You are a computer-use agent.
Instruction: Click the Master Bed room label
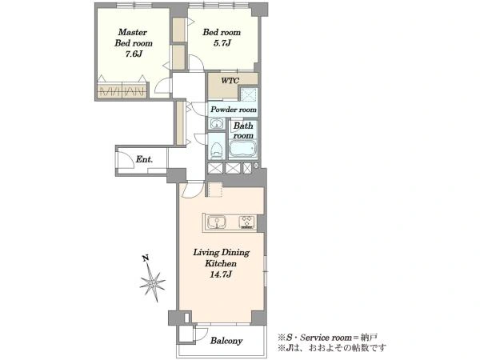[134, 38]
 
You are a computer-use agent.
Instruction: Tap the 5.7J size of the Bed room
[222, 43]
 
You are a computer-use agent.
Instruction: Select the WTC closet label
[230, 81]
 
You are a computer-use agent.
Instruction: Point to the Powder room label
[234, 110]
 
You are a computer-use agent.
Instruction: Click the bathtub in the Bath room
[243, 149]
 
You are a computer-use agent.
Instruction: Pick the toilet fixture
[217, 150]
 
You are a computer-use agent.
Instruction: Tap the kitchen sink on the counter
[217, 222]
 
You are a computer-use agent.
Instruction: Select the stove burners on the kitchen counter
[247, 222]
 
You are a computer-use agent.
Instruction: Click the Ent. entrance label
[144, 159]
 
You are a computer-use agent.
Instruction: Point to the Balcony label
[226, 341]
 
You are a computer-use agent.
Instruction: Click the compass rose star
[153, 282]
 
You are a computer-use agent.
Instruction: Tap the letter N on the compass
[146, 258]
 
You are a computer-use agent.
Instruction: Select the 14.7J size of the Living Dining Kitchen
[221, 274]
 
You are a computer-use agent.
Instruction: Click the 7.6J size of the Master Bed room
[134, 54]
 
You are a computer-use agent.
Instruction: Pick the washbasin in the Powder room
[217, 124]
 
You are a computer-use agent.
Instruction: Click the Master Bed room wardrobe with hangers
[122, 90]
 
